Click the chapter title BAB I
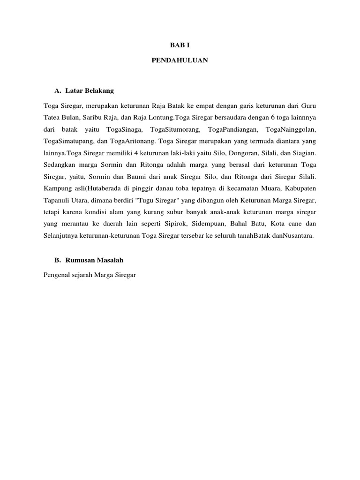(180, 45)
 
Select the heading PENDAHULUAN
(180, 61)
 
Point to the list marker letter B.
(58, 260)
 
